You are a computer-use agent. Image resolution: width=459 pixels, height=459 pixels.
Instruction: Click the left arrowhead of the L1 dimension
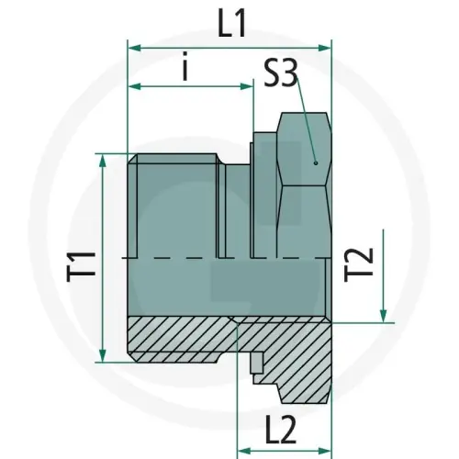pyautogui.click(x=134, y=46)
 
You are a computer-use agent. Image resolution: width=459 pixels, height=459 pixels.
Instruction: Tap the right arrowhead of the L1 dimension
pyautogui.click(x=324, y=46)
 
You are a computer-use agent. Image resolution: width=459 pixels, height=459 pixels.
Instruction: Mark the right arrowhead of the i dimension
pyautogui.click(x=246, y=87)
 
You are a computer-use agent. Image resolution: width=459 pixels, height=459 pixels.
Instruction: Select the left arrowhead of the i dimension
pyautogui.click(x=134, y=87)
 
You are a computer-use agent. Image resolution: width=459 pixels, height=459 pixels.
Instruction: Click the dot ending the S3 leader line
pyautogui.click(x=314, y=162)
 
